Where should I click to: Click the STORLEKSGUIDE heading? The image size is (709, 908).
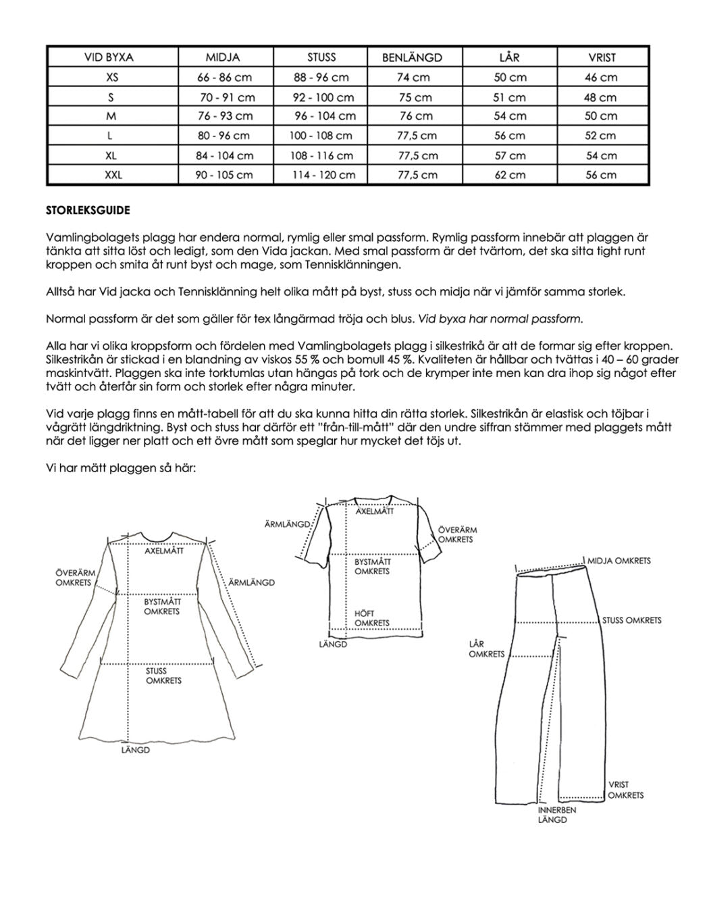click(88, 210)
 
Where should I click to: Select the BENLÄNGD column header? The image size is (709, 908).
click(412, 58)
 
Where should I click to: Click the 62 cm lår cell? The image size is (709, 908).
click(509, 175)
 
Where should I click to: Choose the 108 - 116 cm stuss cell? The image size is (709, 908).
click(321, 155)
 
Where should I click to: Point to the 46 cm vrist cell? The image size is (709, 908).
click(600, 78)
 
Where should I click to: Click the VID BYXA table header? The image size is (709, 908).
click(109, 58)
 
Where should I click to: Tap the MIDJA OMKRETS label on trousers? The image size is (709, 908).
click(619, 561)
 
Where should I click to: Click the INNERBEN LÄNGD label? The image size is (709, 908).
click(557, 815)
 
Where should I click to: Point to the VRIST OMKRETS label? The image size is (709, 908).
click(625, 790)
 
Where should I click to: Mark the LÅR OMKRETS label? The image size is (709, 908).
click(486, 649)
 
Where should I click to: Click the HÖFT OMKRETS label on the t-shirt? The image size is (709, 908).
click(371, 618)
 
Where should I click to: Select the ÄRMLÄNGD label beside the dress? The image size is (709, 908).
click(251, 582)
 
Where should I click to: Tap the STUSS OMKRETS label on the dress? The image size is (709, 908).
click(163, 676)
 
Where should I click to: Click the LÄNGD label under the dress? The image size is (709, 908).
click(135, 750)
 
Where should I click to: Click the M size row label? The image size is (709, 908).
click(111, 116)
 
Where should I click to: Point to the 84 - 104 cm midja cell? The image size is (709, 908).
click(225, 155)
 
